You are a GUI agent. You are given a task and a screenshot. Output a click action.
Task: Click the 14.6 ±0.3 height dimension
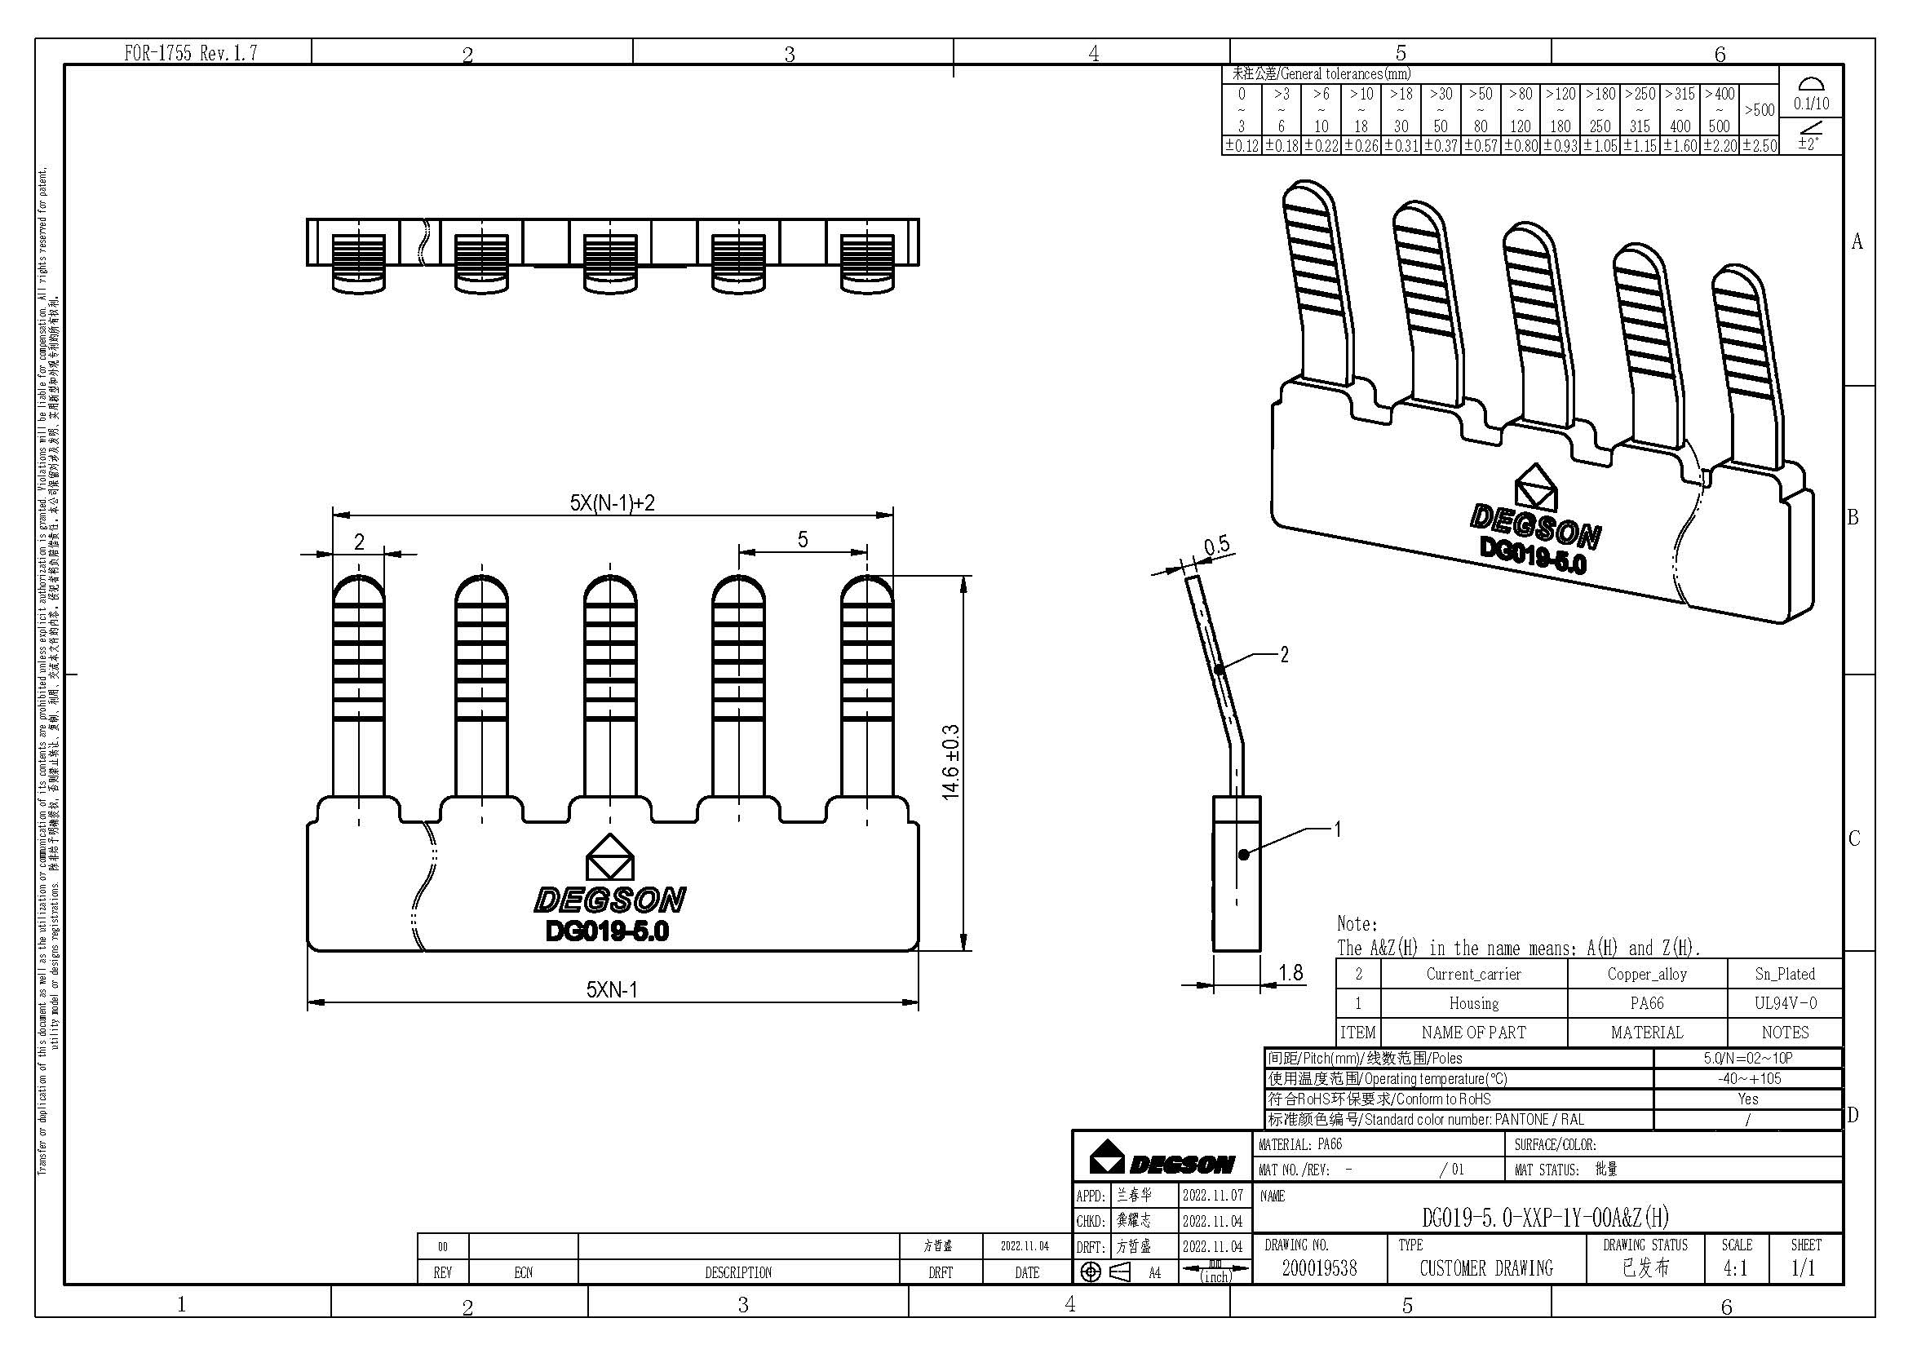pos(951,762)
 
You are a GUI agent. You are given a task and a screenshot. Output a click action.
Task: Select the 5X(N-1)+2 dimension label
pos(612,502)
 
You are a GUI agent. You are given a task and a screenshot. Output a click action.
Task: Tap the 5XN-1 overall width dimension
pos(612,989)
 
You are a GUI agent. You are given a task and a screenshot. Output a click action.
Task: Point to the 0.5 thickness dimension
pos(1216,545)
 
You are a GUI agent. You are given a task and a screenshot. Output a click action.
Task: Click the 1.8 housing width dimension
pos(1290,972)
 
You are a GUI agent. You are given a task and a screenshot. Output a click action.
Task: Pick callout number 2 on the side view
pos(1284,655)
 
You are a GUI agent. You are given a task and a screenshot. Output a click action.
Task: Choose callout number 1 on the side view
pos(1337,828)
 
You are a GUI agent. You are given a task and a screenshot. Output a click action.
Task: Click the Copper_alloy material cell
pos(1646,974)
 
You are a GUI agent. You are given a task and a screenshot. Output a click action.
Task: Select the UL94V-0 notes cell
pos(1785,1002)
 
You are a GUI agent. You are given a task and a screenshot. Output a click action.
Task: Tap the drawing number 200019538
pos(1319,1267)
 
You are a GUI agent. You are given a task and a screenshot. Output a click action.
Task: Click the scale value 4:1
pos(1734,1268)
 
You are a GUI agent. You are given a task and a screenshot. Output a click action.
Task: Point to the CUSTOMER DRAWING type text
pos(1485,1268)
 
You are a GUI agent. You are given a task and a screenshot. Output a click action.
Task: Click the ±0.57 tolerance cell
pos(1480,146)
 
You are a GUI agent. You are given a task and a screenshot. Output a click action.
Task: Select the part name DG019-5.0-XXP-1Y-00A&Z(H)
pos(1545,1218)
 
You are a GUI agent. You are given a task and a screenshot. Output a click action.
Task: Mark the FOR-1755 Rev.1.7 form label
pos(190,53)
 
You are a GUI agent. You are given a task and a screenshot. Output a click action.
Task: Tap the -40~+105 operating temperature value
pos(1748,1078)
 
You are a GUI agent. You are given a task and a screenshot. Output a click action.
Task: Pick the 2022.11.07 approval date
pos(1212,1196)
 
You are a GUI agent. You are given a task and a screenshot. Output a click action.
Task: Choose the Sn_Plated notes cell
pos(1785,974)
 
